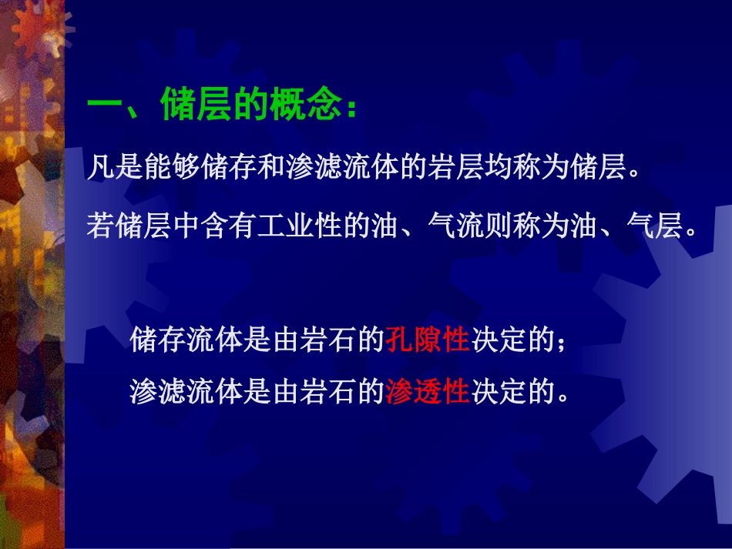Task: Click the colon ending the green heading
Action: pyautogui.click(x=352, y=108)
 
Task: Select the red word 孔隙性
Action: pyautogui.click(x=428, y=339)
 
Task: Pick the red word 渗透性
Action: pyautogui.click(x=428, y=391)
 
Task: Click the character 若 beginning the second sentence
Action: pyautogui.click(x=101, y=226)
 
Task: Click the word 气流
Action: pyautogui.click(x=455, y=226)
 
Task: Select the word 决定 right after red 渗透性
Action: pyautogui.click(x=499, y=391)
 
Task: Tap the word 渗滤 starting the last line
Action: pyautogui.click(x=158, y=391)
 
